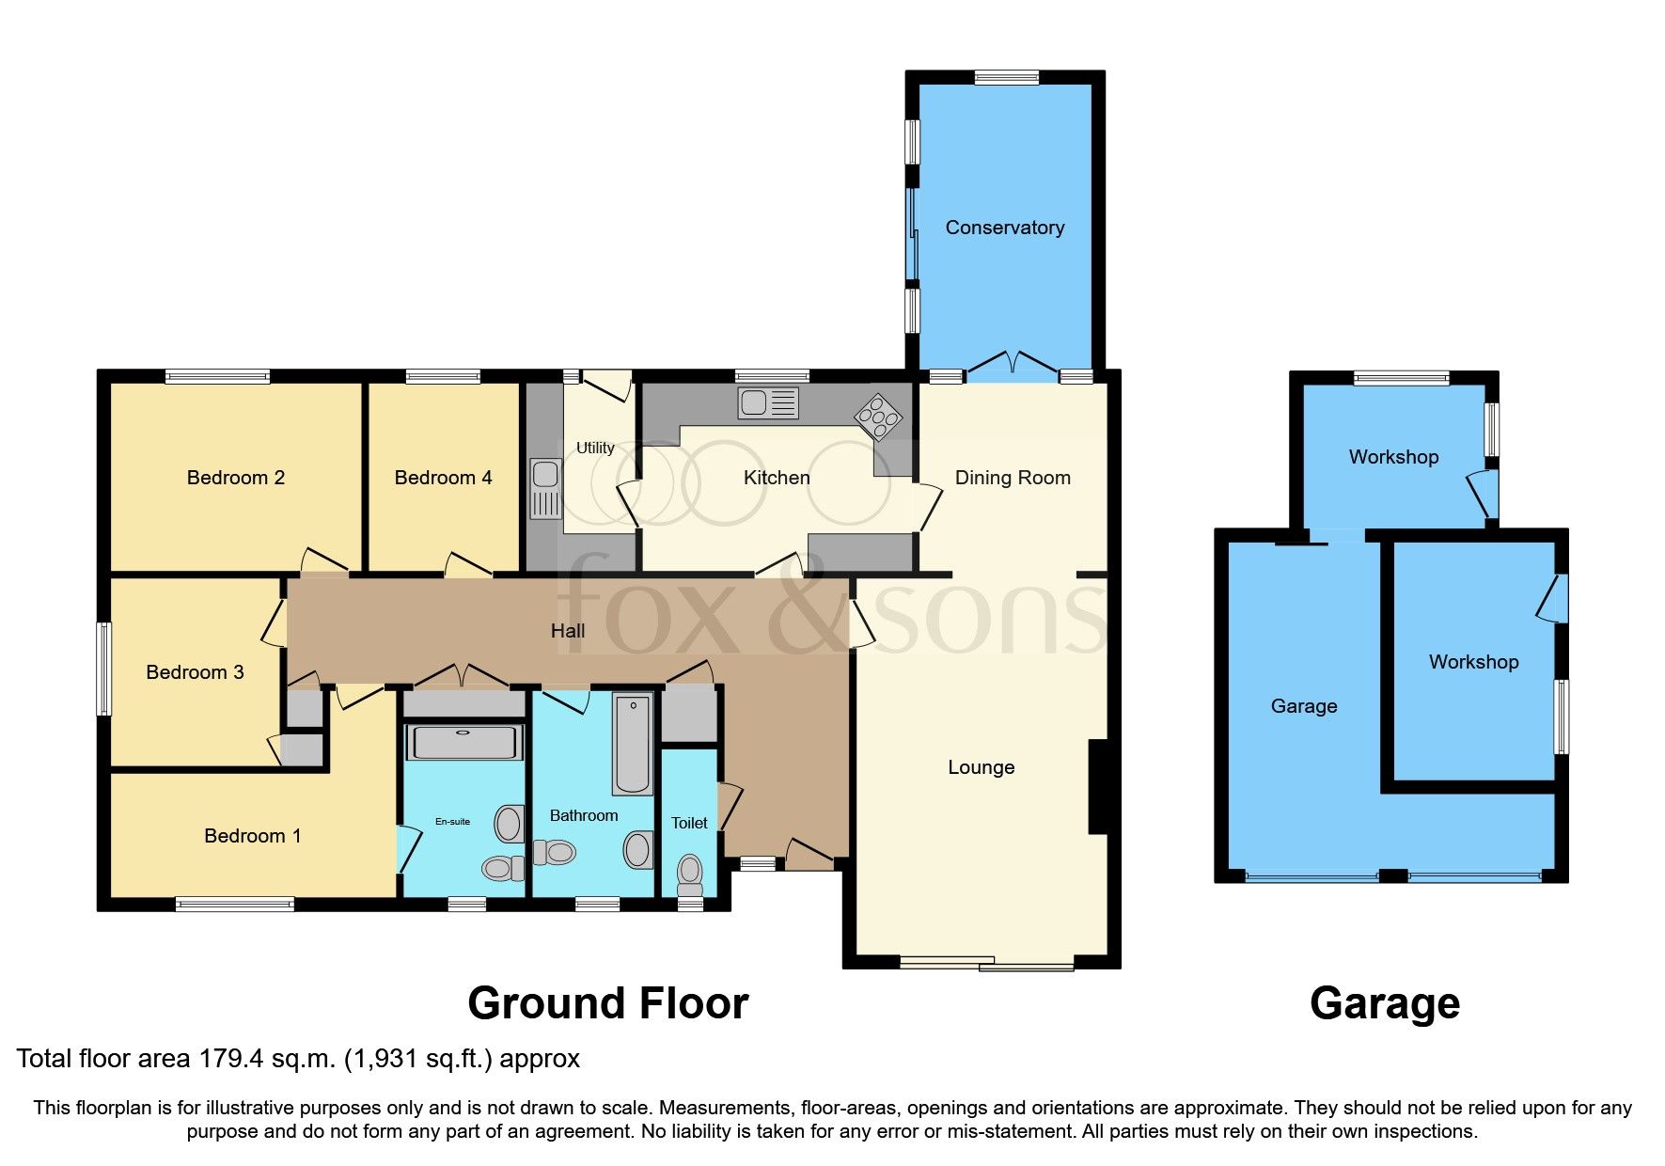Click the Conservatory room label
click(x=1004, y=228)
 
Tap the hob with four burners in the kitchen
click(x=877, y=416)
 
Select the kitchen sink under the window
click(x=768, y=403)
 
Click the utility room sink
click(x=545, y=489)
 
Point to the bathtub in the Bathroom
click(x=633, y=744)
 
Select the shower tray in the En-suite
click(x=464, y=742)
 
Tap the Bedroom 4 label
click(x=443, y=478)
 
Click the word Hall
click(x=567, y=631)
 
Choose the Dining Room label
click(x=1013, y=478)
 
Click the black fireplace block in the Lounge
click(x=1098, y=787)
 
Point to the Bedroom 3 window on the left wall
click(x=104, y=669)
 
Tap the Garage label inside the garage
click(x=1303, y=706)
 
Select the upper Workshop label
click(x=1393, y=457)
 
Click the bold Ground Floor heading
click(x=607, y=1003)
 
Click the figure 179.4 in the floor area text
click(x=231, y=1059)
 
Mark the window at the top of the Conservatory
click(x=1006, y=77)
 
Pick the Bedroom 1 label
click(x=252, y=836)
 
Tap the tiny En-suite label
click(x=452, y=822)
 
